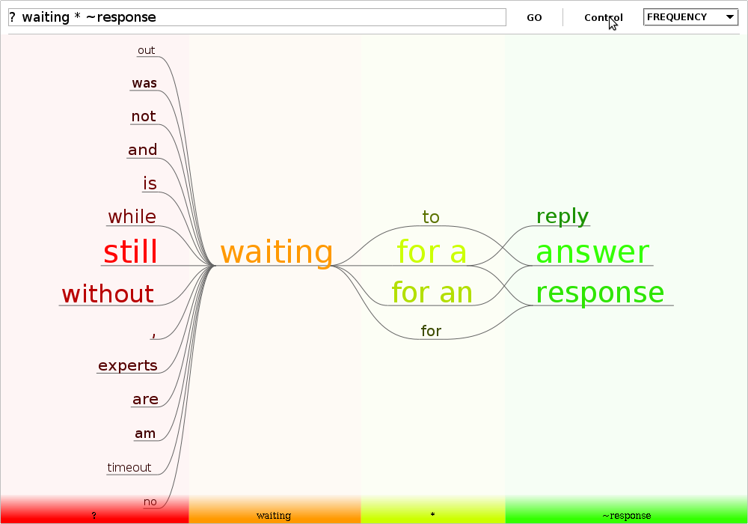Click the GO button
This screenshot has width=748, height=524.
pyautogui.click(x=534, y=18)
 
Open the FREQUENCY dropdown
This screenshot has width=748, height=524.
pyautogui.click(x=690, y=17)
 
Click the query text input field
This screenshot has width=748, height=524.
pyautogui.click(x=257, y=17)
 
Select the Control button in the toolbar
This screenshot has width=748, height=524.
pyautogui.click(x=604, y=18)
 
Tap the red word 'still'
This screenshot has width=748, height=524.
pyautogui.click(x=130, y=252)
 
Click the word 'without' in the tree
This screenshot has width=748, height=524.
pyautogui.click(x=108, y=293)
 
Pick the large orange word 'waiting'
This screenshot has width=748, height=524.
pyautogui.click(x=276, y=252)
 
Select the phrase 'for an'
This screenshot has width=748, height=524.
pyautogui.click(x=432, y=292)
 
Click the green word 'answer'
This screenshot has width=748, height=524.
pyautogui.click(x=592, y=252)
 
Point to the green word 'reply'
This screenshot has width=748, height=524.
pyautogui.click(x=562, y=216)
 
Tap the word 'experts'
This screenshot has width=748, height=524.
pyautogui.click(x=127, y=365)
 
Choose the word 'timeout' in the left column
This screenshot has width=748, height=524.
pyautogui.click(x=129, y=467)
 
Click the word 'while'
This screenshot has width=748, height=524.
pyautogui.click(x=132, y=216)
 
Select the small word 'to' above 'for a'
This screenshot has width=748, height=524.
pyautogui.click(x=431, y=217)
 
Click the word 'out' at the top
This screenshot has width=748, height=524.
pyautogui.click(x=146, y=50)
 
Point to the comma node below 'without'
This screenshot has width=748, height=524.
pyautogui.click(x=153, y=335)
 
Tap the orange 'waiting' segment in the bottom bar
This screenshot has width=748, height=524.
pyautogui.click(x=275, y=510)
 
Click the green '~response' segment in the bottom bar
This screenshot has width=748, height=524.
pyautogui.click(x=626, y=510)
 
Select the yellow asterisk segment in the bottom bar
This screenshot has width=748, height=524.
pyautogui.click(x=432, y=510)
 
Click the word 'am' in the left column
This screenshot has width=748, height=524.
pyautogui.click(x=145, y=433)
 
